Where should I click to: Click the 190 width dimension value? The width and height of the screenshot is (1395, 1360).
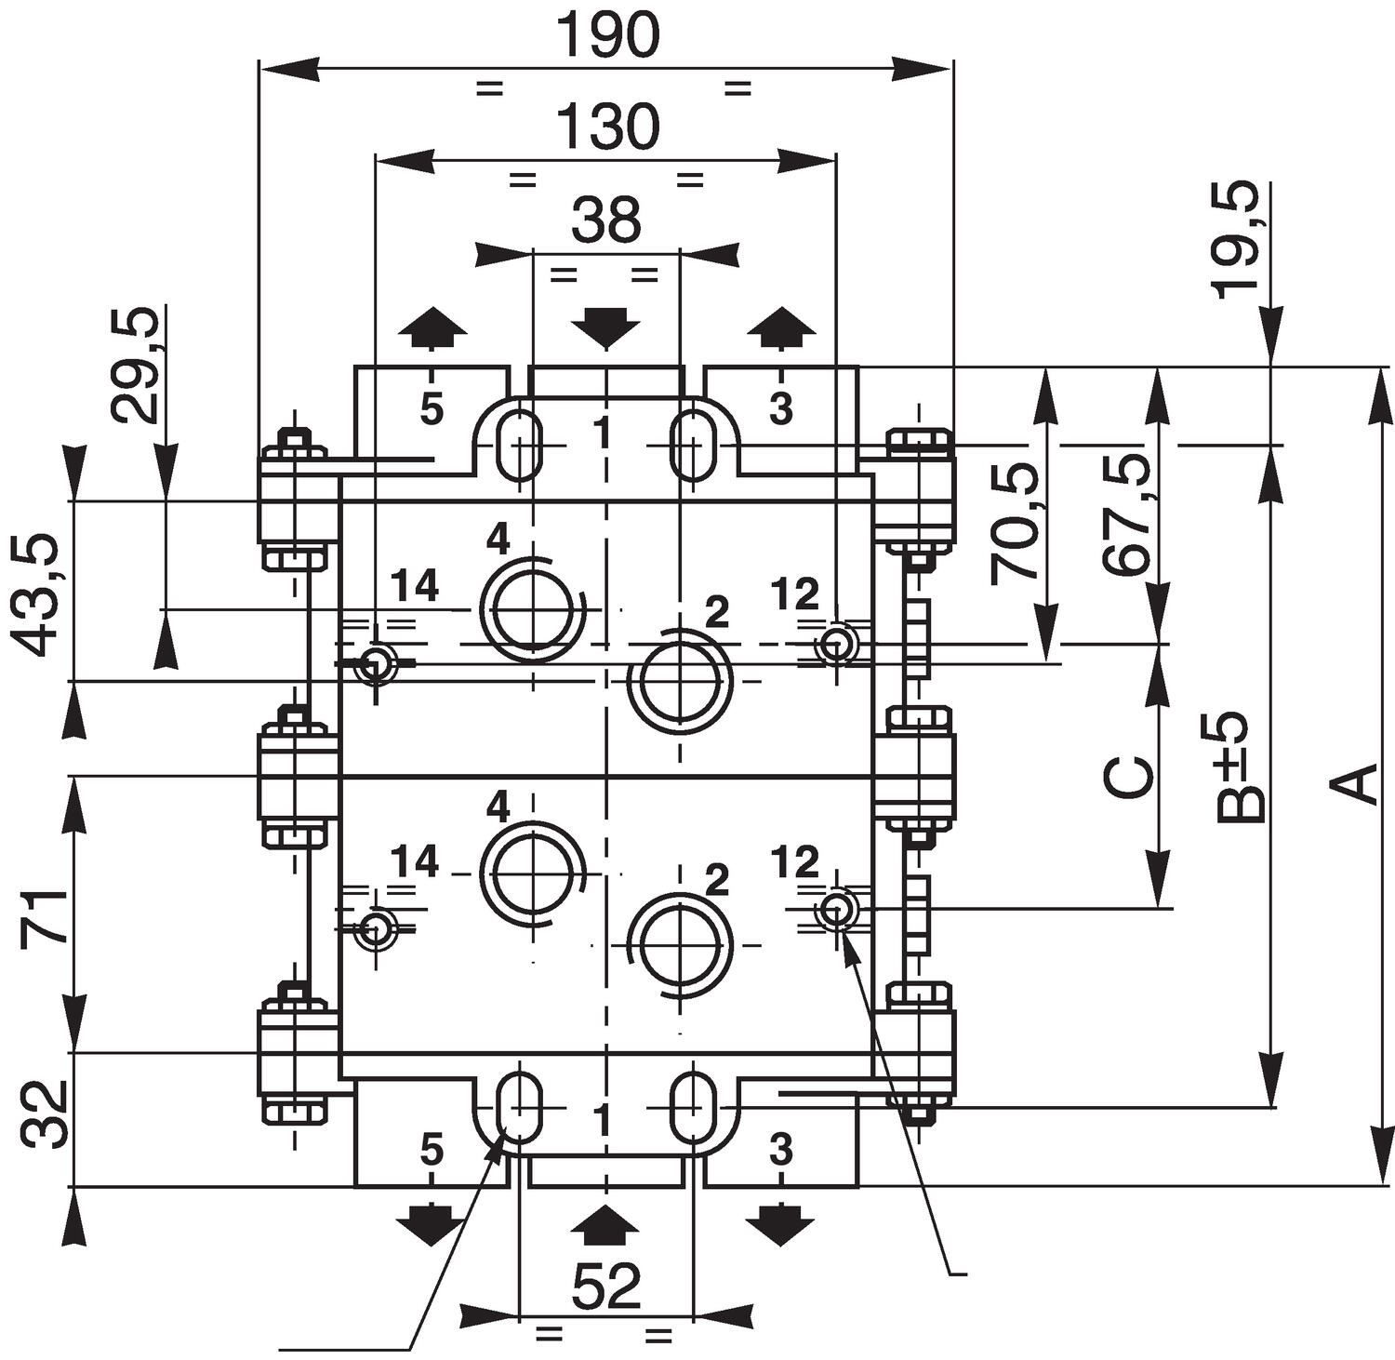pyautogui.click(x=606, y=37)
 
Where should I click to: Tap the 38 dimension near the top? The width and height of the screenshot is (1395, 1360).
pyautogui.click(x=606, y=221)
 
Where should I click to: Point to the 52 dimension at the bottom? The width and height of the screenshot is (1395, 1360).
pyautogui.click(x=606, y=1287)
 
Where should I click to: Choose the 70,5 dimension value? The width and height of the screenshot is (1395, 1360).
pyautogui.click(x=1013, y=523)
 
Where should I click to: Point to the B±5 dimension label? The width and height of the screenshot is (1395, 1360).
pyautogui.click(x=1242, y=767)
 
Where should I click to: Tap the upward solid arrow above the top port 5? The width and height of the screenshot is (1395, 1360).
pyautogui.click(x=432, y=327)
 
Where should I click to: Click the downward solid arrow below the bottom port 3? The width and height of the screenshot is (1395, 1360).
pyautogui.click(x=780, y=1224)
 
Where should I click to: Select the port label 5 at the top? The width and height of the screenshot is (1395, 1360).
pyautogui.click(x=432, y=409)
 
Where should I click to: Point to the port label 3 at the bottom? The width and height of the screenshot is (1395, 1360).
pyautogui.click(x=781, y=1151)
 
